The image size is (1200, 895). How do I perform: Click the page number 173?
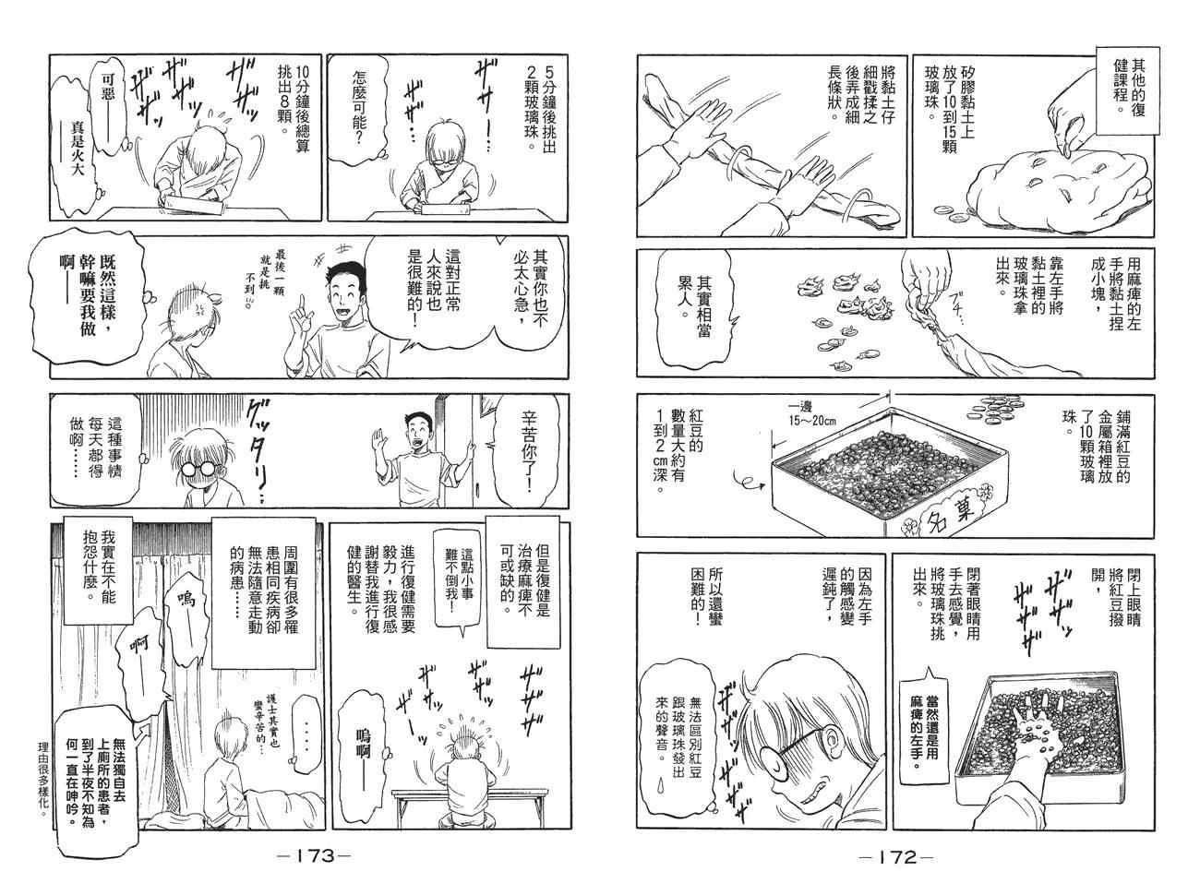[x=312, y=855]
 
